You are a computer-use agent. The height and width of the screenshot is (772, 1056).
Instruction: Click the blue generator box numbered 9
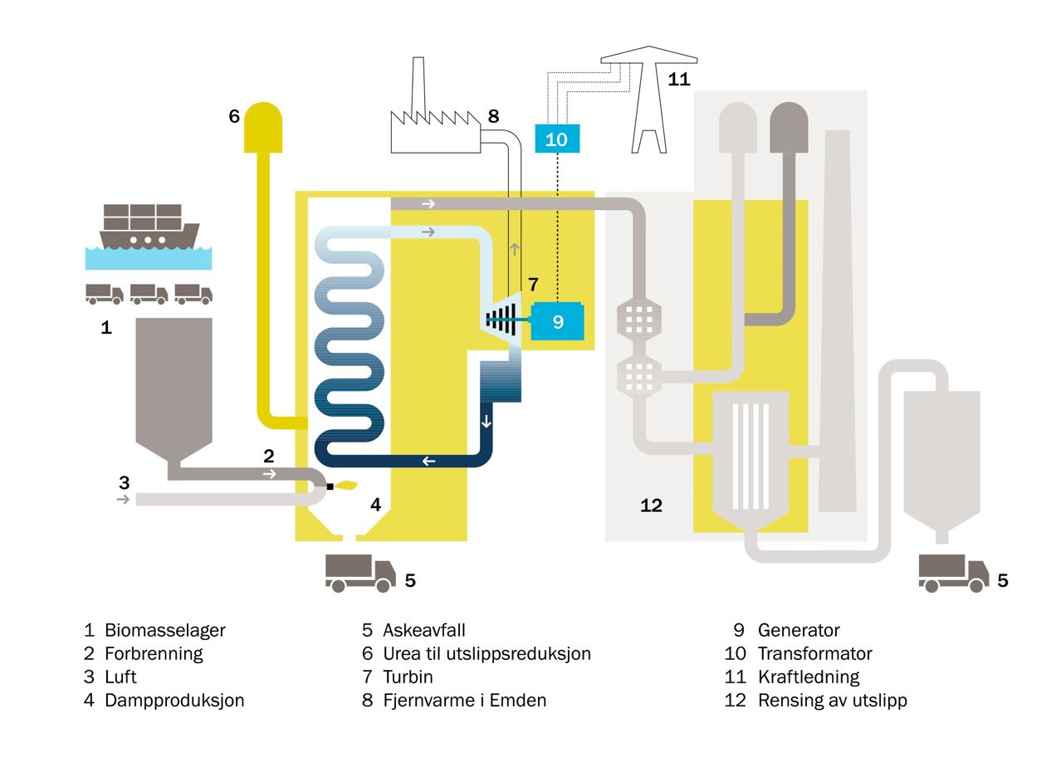(557, 321)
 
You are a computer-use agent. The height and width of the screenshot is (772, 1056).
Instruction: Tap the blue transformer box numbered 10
(556, 139)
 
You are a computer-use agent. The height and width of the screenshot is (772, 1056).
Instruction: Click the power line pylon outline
(649, 100)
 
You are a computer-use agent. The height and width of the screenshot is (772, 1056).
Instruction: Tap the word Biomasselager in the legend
(164, 630)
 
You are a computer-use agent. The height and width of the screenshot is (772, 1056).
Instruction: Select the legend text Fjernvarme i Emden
(464, 700)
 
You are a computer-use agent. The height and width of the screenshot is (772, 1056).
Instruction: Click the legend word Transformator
(814, 653)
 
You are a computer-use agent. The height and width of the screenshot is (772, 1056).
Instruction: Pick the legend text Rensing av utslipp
(832, 700)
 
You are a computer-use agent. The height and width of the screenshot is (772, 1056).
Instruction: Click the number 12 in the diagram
(651, 505)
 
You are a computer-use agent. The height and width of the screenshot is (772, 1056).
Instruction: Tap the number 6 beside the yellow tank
(234, 116)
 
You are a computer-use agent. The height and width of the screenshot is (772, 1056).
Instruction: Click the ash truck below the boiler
(360, 573)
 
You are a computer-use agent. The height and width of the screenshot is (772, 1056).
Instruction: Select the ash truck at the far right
(953, 573)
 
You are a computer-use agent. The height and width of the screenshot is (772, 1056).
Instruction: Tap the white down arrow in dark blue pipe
(486, 421)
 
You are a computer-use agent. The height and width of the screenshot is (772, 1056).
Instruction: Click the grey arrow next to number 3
(123, 499)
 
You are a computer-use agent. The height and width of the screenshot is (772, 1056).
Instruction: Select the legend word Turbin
(408, 677)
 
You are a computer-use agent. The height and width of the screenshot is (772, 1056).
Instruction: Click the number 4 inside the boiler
(375, 504)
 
